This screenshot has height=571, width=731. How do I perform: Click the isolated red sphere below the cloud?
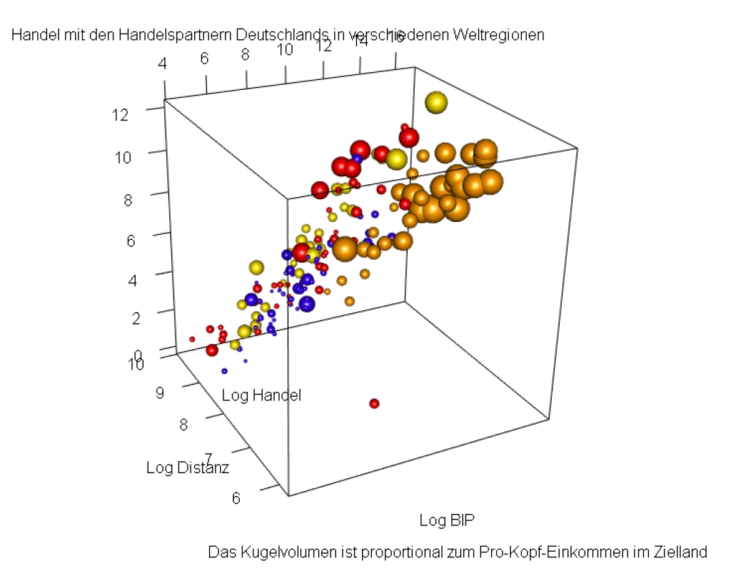374,404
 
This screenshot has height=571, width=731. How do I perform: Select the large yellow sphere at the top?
435,103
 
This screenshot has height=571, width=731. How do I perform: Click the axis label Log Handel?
261,395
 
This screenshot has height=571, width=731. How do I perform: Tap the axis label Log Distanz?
188,468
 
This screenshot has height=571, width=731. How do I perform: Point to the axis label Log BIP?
446,520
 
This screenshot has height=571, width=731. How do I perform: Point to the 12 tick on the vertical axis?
120,114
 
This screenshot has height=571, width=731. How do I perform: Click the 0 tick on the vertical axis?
138,355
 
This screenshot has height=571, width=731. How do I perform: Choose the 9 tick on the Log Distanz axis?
161,392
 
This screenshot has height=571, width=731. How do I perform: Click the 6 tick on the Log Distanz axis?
236,497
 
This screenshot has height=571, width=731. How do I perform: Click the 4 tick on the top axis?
163,64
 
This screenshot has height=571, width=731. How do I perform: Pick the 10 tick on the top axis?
285,49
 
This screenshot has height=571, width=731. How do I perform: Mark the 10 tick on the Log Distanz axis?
136,364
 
